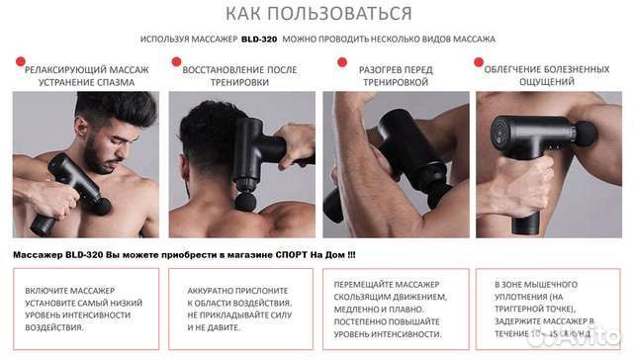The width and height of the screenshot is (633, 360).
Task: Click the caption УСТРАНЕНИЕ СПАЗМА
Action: pos(87,82)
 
